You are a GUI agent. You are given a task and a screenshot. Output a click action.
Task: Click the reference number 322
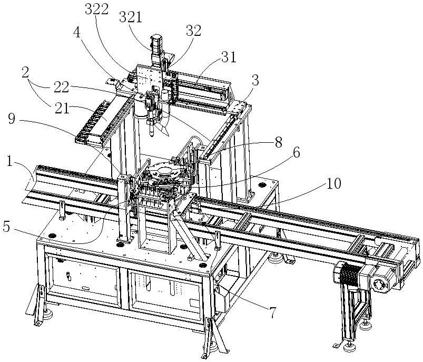96,9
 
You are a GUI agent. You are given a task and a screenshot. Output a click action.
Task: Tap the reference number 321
131,18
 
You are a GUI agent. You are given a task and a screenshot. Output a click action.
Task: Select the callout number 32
194,31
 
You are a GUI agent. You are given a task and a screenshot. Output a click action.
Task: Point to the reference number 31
229,57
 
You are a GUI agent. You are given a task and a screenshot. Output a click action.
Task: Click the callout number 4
77,33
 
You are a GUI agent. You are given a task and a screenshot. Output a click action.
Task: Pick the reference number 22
61,87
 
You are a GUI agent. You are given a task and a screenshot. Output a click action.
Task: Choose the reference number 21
62,109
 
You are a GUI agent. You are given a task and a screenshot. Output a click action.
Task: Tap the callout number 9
12,119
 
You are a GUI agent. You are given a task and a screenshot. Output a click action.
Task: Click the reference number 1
9,161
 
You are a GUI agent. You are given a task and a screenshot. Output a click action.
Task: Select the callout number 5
6,227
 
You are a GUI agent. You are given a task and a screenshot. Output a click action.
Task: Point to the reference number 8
279,142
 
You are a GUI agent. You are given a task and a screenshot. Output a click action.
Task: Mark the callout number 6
296,153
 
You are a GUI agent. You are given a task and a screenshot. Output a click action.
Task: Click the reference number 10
333,183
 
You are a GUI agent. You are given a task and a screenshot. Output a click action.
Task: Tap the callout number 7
273,314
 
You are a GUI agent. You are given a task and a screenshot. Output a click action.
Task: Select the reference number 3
255,81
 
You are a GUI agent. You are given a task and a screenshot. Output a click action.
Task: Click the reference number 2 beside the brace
25,72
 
